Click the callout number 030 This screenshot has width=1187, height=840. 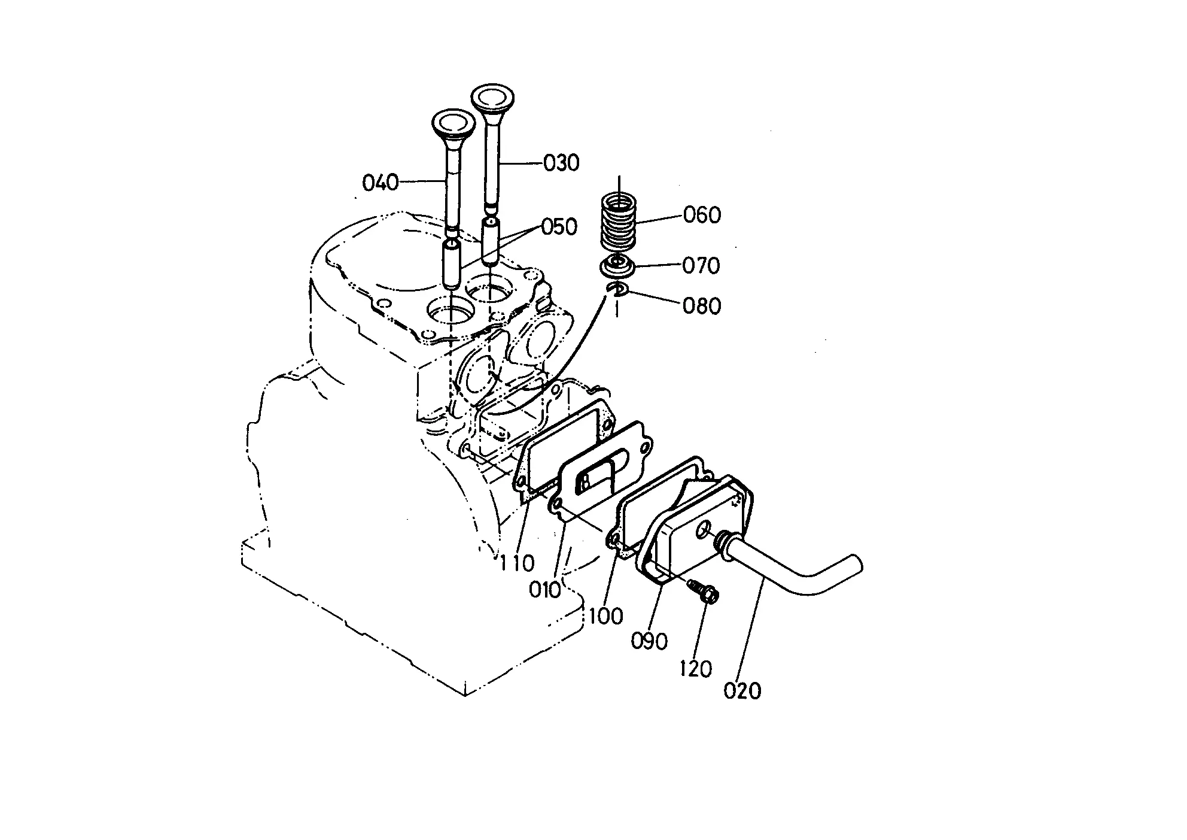pos(561,163)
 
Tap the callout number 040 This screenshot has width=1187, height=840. pos(381,181)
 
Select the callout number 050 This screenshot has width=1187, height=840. pos(559,227)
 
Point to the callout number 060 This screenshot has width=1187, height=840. pos(702,215)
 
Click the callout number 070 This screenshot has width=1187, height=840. pos(701,265)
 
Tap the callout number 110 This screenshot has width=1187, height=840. pos(517,563)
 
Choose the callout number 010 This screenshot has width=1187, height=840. pos(545,590)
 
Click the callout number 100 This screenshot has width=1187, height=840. pos(606,615)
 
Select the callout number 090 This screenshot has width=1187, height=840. pos(649,641)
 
